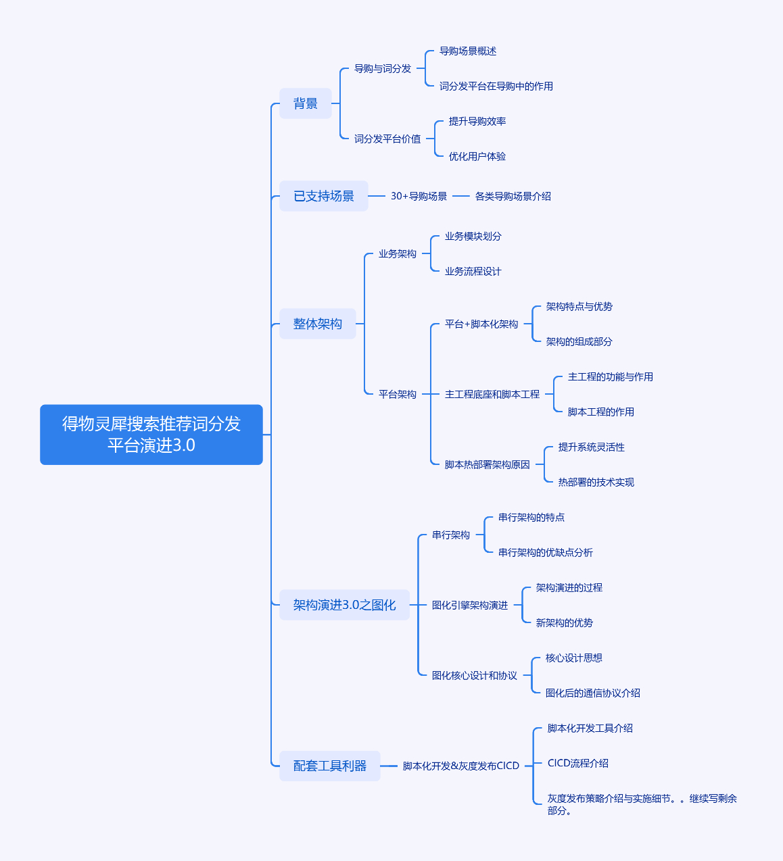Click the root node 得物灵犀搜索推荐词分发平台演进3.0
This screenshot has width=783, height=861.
tap(151, 435)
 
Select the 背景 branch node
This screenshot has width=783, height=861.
tap(306, 103)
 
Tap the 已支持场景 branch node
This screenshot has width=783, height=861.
tap(324, 196)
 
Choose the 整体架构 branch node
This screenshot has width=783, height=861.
tap(318, 324)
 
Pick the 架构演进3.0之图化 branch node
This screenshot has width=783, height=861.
tap(344, 605)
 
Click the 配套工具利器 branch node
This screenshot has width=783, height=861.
tap(330, 766)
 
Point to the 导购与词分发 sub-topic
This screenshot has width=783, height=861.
tap(383, 68)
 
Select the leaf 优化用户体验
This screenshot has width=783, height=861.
tap(477, 156)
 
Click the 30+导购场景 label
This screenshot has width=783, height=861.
tap(419, 196)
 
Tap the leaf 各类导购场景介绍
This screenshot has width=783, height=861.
tap(513, 196)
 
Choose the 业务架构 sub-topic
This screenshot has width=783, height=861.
tap(398, 253)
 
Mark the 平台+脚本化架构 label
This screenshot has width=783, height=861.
tap(481, 324)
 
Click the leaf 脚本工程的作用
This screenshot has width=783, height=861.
tap(601, 412)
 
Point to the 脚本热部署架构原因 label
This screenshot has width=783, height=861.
tap(488, 464)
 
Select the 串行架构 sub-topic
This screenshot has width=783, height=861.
tap(451, 535)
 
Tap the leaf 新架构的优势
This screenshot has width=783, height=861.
tap(565, 622)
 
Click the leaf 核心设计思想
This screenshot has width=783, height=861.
tap(574, 658)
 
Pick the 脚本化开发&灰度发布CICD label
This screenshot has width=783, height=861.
tap(461, 766)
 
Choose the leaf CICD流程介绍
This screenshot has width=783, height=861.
tap(578, 763)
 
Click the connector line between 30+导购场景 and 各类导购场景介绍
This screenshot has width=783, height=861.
tap(461, 196)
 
